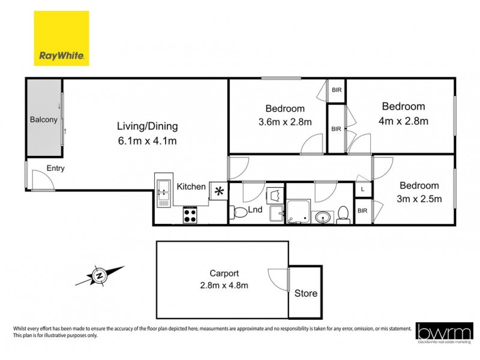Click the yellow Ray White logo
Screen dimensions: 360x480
pyautogui.click(x=61, y=38)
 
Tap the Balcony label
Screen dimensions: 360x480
pyautogui.click(x=44, y=119)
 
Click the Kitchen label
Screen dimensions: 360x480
pyautogui.click(x=191, y=187)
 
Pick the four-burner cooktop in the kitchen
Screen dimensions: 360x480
pyautogui.click(x=191, y=214)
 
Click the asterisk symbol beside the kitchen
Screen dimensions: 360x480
pyautogui.click(x=219, y=191)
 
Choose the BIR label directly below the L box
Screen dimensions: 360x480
pyautogui.click(x=362, y=211)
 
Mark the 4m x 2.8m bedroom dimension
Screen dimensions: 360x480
pyautogui.click(x=404, y=121)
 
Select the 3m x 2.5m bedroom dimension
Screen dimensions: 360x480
pyautogui.click(x=419, y=199)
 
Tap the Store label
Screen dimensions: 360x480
pyautogui.click(x=305, y=294)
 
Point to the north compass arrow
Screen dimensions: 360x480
pyautogui.click(x=100, y=275)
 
